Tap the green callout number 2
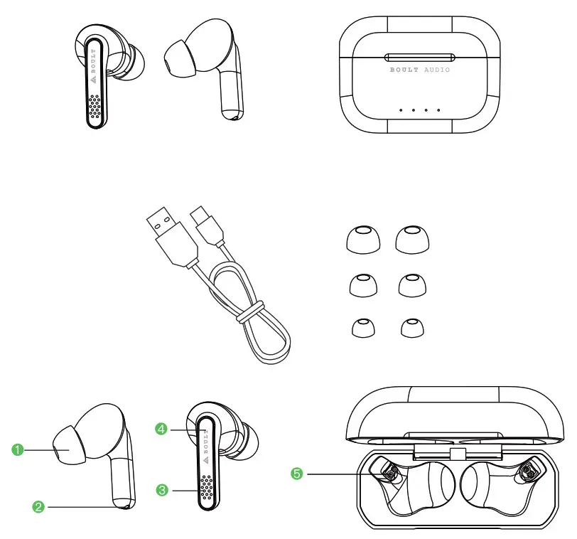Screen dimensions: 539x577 39,506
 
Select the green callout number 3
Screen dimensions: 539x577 162,490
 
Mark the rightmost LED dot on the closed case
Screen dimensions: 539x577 439,110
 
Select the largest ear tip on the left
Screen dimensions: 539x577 362,240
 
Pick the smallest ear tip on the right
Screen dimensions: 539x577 411,327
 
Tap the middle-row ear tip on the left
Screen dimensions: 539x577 362,284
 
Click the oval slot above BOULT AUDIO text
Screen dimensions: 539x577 419,57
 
